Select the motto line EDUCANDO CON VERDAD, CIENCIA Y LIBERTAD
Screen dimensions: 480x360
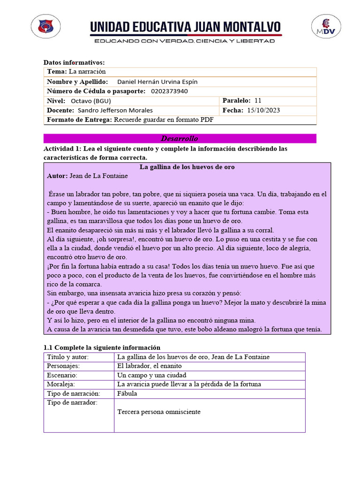(x=185, y=41)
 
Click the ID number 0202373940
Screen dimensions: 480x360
(x=170, y=91)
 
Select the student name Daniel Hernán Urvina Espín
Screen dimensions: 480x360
(x=157, y=82)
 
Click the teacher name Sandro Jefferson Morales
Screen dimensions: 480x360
(x=115, y=110)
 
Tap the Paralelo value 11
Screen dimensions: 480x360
(x=258, y=101)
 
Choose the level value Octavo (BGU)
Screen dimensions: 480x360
(x=91, y=101)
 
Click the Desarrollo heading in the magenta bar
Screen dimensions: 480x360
(x=180, y=139)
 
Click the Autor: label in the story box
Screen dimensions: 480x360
(x=57, y=176)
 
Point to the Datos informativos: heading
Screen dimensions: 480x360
(x=74, y=62)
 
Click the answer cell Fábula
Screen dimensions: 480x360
(x=127, y=394)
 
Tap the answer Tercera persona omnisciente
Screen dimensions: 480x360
(x=159, y=412)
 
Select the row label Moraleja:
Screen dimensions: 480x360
(x=63, y=384)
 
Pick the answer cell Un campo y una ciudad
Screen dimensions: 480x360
(x=151, y=375)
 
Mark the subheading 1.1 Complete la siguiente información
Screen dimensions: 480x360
(x=102, y=347)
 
